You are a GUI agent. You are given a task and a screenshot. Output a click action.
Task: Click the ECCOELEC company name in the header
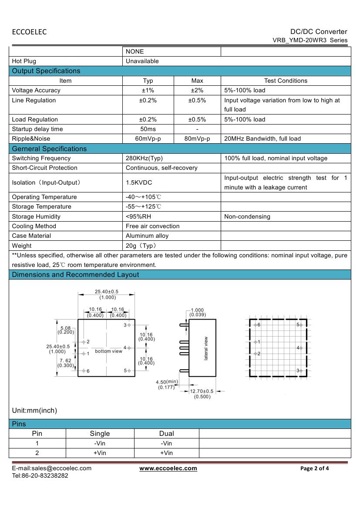29,32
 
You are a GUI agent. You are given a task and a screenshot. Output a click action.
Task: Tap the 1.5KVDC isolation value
139,183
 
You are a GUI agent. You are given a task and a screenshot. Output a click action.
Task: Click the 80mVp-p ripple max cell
197,138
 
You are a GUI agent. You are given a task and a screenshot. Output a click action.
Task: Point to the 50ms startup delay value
148,129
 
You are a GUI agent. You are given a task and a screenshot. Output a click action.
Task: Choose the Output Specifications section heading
46,71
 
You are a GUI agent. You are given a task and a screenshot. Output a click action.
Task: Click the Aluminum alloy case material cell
147,236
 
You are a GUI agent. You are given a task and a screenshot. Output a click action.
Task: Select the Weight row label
22,246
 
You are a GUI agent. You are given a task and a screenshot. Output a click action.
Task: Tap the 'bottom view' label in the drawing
109,351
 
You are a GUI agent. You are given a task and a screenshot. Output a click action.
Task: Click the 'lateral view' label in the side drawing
206,348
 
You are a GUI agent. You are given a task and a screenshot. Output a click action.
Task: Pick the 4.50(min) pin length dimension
167,382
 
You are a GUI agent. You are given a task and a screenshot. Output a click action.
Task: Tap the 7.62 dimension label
65,361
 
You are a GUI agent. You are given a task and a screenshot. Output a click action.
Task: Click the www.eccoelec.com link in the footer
168,468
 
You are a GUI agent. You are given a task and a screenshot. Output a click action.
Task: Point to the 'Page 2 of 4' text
315,469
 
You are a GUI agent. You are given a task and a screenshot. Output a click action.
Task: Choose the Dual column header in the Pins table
167,433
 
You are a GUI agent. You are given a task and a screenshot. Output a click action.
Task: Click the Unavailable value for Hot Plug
142,61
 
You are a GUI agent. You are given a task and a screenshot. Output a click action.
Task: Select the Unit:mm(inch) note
34,410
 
